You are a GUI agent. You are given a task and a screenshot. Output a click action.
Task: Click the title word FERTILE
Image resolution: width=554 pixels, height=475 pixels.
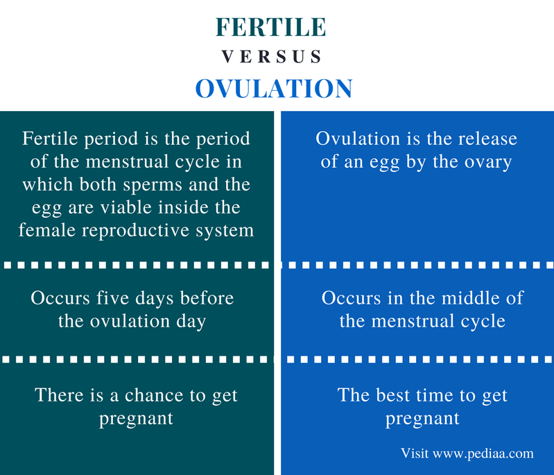[270, 27]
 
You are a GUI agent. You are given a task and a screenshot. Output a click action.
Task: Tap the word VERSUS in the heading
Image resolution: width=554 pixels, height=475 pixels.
[271, 57]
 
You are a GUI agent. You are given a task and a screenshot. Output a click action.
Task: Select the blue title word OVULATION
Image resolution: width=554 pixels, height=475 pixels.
[274, 88]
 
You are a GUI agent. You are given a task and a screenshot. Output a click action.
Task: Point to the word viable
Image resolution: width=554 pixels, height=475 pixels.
[126, 207]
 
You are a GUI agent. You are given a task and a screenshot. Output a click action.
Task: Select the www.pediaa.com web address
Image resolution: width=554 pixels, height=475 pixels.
[483, 454]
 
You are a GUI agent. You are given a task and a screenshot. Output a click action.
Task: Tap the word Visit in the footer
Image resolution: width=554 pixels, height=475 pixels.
[415, 453]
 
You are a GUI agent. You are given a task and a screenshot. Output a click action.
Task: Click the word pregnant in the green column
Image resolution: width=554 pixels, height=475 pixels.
[136, 419]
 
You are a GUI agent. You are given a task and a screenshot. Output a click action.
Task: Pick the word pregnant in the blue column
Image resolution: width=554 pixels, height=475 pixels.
[422, 419]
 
